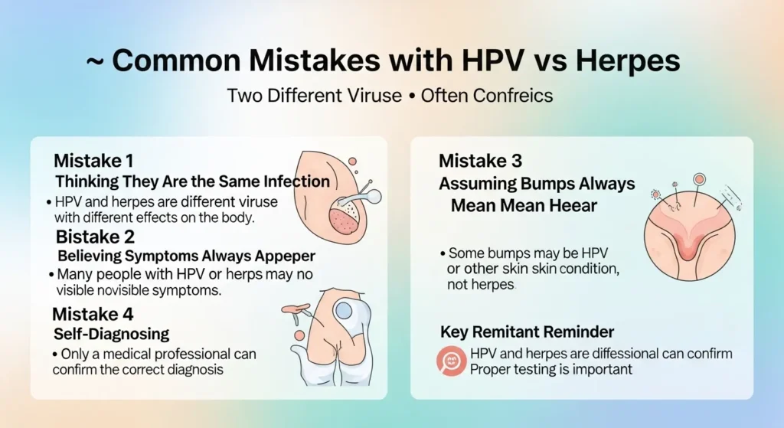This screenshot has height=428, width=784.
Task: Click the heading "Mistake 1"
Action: tap(93, 162)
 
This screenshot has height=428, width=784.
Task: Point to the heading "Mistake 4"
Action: tap(92, 313)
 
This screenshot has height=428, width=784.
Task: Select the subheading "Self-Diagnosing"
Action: tap(112, 334)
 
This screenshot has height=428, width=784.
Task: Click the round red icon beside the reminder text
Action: tap(452, 361)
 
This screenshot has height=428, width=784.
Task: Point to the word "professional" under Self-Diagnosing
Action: tap(219, 354)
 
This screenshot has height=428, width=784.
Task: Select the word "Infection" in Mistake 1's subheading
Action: tap(299, 182)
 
